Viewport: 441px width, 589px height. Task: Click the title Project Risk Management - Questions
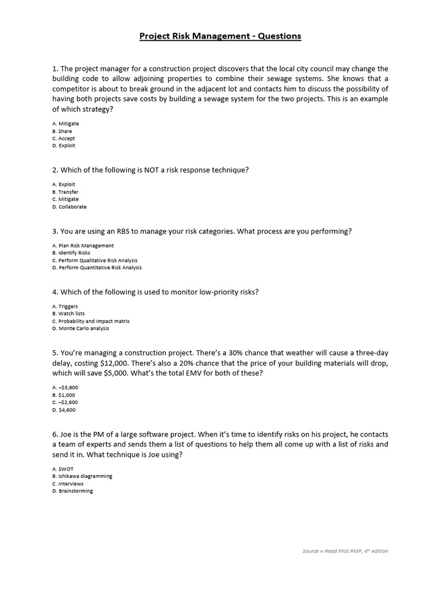point(220,36)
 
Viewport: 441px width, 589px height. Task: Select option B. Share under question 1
point(62,131)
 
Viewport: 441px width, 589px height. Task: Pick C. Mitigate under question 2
point(65,199)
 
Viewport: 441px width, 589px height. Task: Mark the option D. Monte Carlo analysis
point(80,328)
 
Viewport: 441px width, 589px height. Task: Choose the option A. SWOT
point(63,469)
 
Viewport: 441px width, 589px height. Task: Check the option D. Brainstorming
point(72,491)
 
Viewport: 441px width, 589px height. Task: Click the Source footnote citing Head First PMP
point(345,551)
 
